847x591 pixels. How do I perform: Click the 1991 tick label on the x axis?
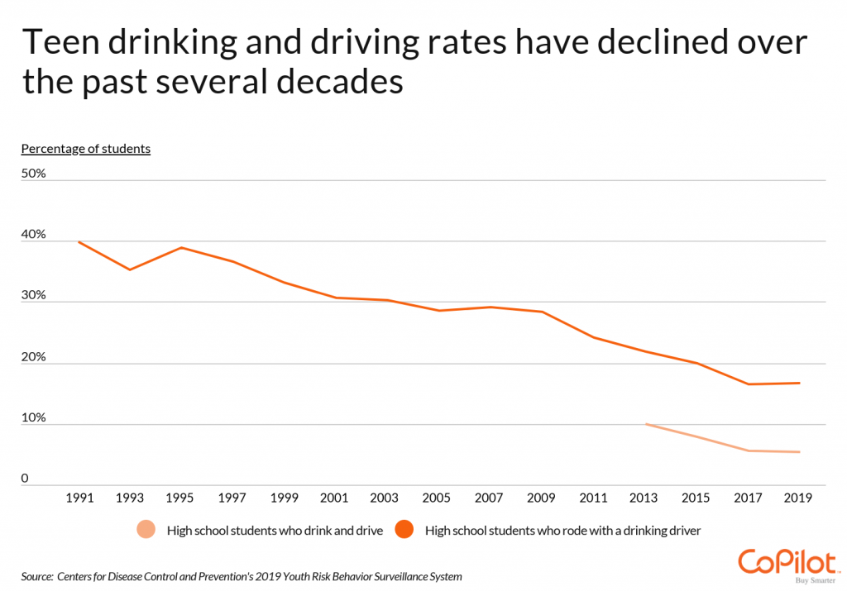tap(79, 498)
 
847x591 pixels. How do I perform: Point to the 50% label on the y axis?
tap(33, 174)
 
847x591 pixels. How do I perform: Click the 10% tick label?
tap(33, 418)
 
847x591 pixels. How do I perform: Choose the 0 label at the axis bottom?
tap(25, 479)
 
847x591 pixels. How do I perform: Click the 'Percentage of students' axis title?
tap(85, 149)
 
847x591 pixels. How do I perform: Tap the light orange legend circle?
tap(146, 531)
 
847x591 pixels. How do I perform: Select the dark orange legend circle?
tap(404, 531)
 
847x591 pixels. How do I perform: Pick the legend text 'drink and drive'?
tap(342, 531)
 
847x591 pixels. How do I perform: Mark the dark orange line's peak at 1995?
tap(179, 248)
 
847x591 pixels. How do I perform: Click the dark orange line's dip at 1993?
tap(130, 269)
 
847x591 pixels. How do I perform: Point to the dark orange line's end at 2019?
tap(799, 383)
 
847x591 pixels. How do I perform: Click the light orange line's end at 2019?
tap(799, 451)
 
